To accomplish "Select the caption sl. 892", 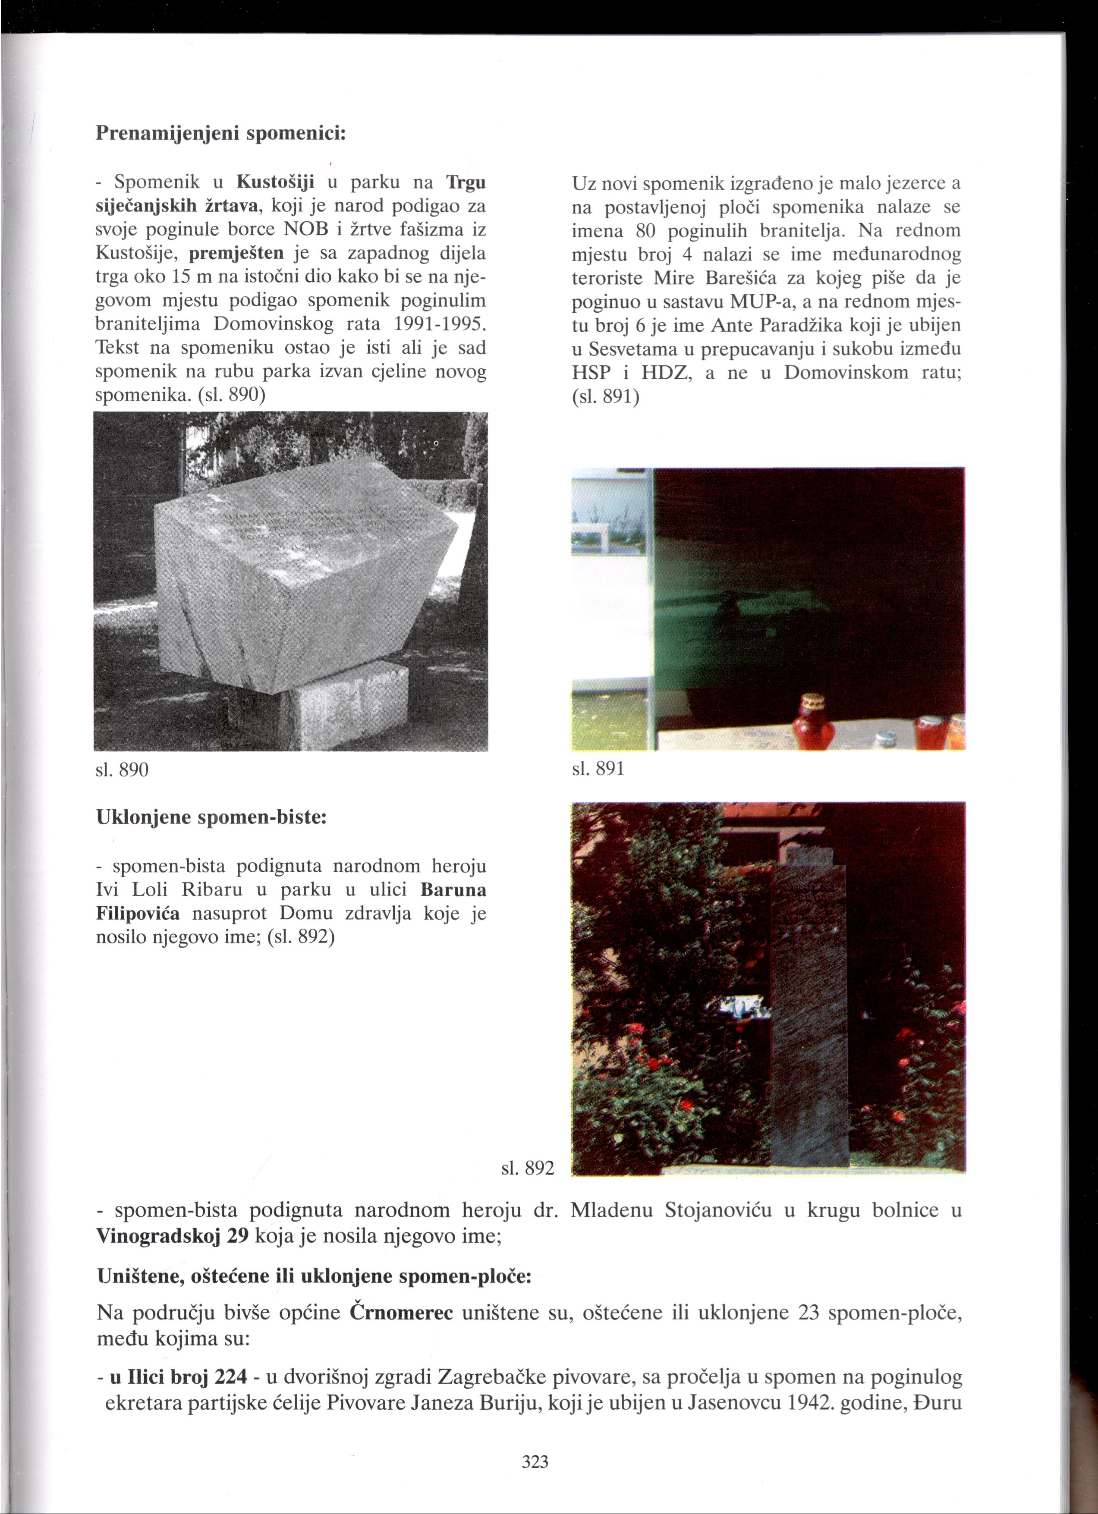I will point(528,1168).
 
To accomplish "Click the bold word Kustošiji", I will point(276,182).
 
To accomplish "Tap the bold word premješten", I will point(237,253).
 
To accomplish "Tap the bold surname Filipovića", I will point(138,913).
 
